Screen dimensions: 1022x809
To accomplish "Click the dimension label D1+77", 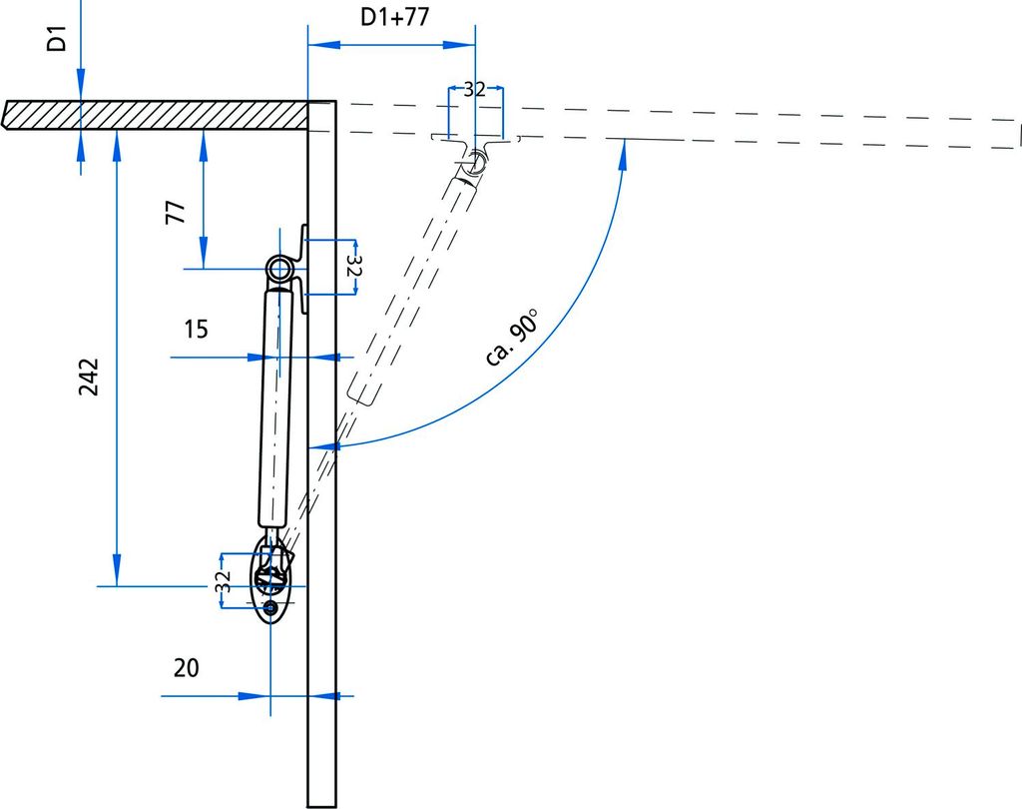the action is (395, 17).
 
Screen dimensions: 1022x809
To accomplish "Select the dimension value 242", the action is (89, 377).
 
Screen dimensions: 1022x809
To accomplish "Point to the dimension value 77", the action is (176, 213).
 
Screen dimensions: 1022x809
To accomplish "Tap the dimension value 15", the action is (196, 329).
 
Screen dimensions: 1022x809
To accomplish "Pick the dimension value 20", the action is (187, 668).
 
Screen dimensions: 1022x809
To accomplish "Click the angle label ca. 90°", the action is (513, 338).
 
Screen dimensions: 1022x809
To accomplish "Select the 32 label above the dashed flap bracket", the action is (474, 89).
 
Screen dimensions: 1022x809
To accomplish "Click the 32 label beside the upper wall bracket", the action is (352, 266).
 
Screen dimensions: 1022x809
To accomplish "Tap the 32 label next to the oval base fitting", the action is (223, 580).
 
